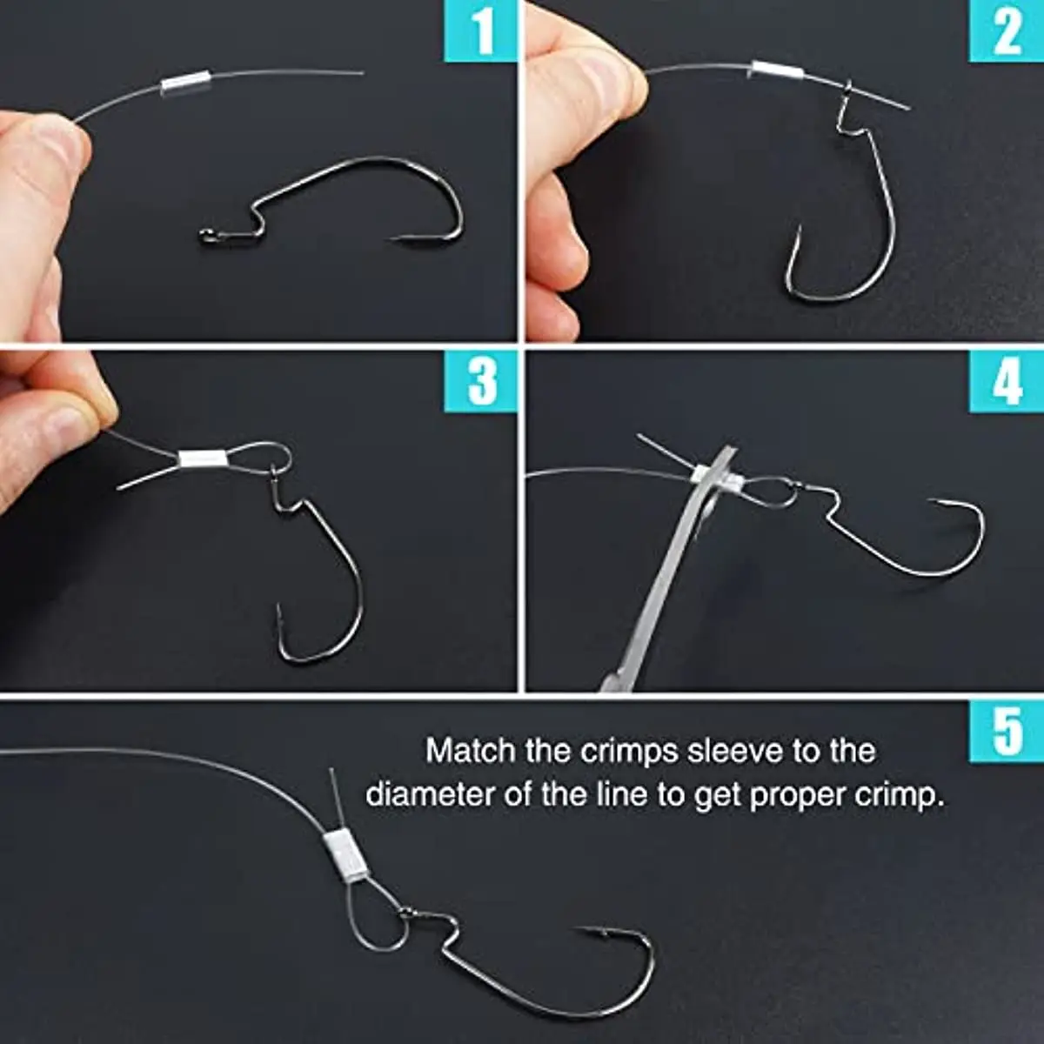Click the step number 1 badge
480,30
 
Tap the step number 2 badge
1006,30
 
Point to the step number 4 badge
1006,381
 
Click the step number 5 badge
1006,733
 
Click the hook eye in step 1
206,236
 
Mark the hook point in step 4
931,502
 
